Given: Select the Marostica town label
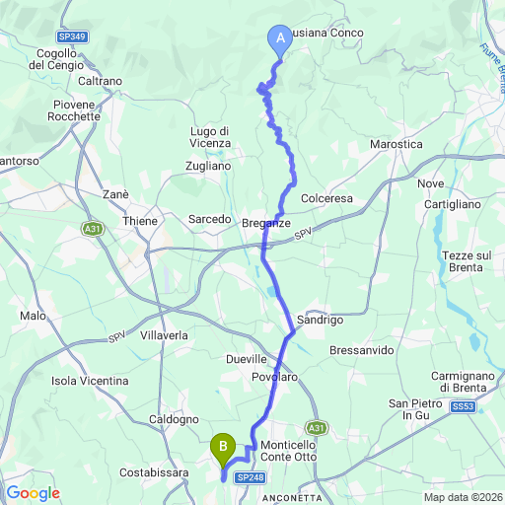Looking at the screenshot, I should point(396,144).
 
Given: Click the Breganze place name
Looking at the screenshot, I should point(266,224).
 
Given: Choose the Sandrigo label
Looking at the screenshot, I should point(320,321).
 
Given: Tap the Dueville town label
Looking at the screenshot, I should point(247,359).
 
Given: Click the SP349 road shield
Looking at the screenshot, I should point(70,36).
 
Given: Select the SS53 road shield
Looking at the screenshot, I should point(463,406).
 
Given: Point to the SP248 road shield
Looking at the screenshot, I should point(251,477).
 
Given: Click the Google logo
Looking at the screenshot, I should point(33,493).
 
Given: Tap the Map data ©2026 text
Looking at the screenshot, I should point(462,496).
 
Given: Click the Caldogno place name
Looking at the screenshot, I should point(174,419).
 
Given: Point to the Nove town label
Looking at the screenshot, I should point(431,183).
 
